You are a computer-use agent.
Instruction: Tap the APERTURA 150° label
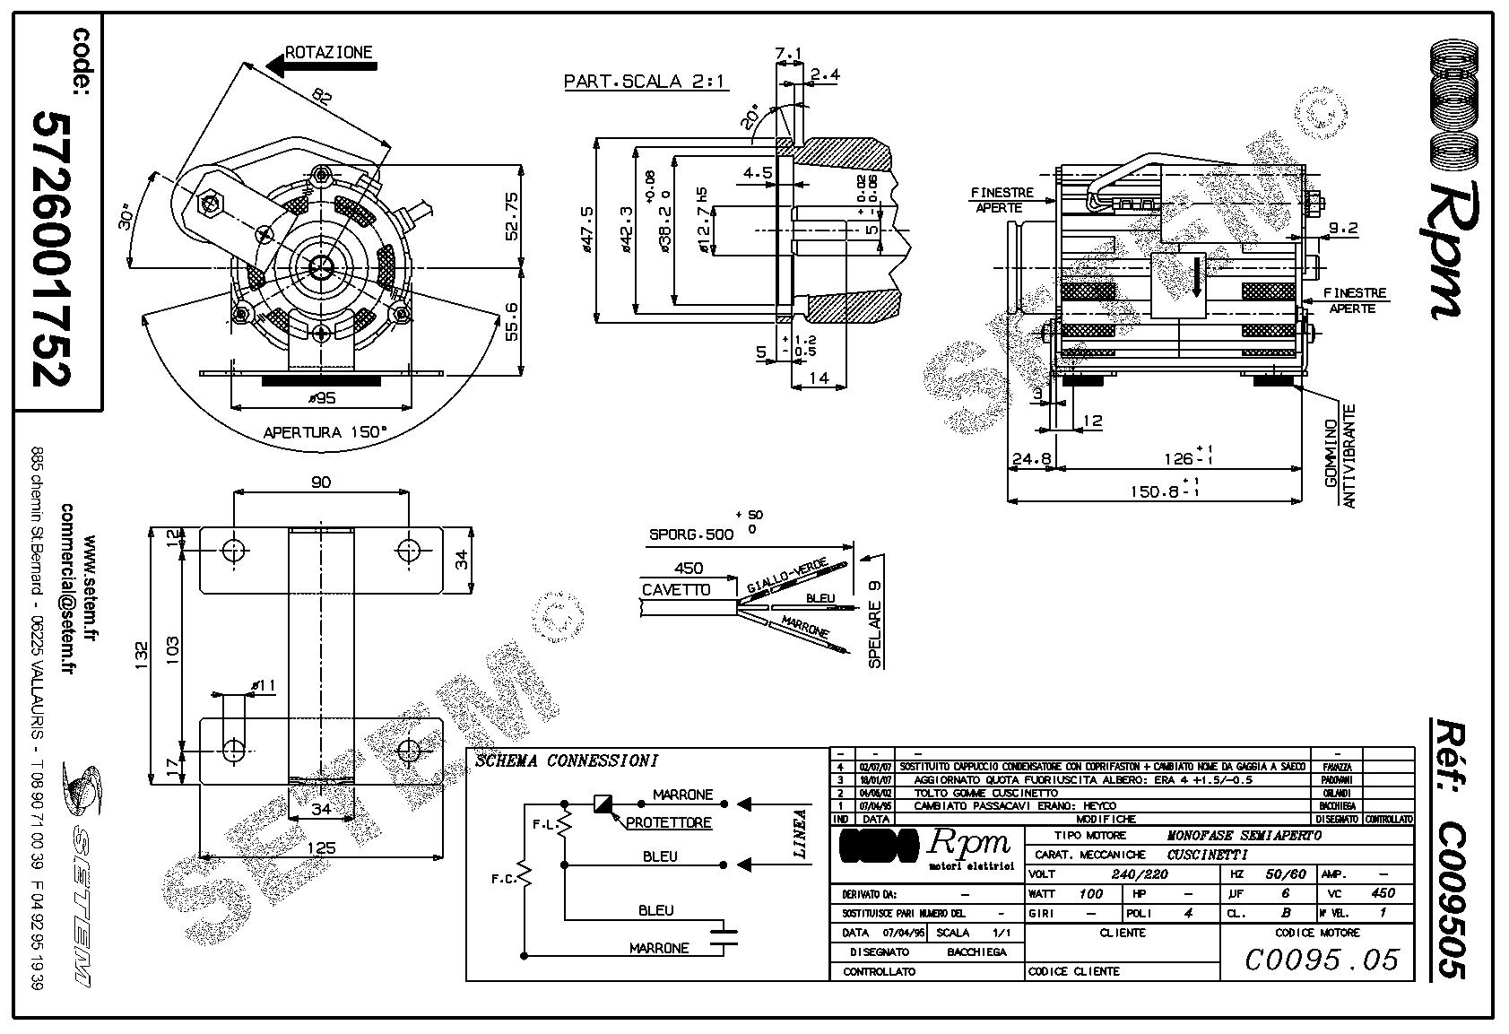click(x=325, y=432)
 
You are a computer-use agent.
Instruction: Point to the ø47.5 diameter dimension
click(x=587, y=230)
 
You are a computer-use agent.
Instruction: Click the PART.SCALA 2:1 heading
click(x=646, y=82)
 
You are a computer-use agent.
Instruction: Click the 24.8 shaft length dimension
click(x=1031, y=459)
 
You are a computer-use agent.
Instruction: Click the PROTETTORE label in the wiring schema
click(x=668, y=822)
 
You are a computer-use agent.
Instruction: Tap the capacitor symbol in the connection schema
click(x=723, y=936)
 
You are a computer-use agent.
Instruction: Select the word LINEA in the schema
click(x=801, y=834)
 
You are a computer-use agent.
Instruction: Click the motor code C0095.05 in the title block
click(x=1322, y=960)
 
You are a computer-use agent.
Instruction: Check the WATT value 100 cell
click(x=1090, y=893)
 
